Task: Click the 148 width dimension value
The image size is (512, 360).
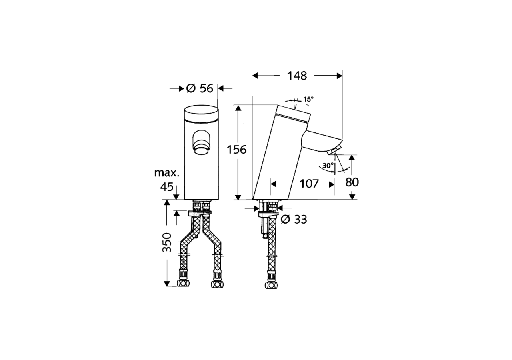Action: click(x=297, y=76)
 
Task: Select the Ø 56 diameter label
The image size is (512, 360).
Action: click(x=200, y=88)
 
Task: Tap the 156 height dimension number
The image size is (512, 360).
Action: click(x=237, y=150)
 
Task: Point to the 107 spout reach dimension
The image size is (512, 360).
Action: click(x=309, y=184)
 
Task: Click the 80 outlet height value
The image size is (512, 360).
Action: click(x=352, y=182)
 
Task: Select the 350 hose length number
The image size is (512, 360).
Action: click(x=167, y=242)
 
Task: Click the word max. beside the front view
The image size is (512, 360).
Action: click(x=167, y=173)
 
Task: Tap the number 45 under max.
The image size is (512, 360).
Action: click(x=167, y=187)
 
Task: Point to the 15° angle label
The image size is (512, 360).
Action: click(x=308, y=99)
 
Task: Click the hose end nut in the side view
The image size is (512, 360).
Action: click(x=271, y=285)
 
